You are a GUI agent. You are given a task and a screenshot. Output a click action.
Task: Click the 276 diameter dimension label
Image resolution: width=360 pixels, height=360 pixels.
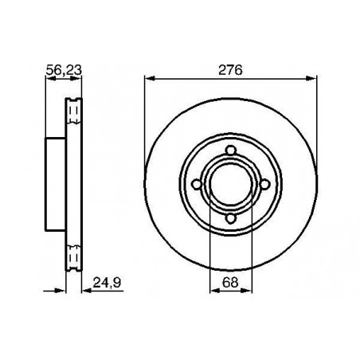tap(230, 70)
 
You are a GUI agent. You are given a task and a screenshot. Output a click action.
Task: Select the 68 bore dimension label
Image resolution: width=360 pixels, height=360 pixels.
tap(230, 282)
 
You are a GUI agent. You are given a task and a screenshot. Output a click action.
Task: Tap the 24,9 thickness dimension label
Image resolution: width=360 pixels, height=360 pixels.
tap(107, 283)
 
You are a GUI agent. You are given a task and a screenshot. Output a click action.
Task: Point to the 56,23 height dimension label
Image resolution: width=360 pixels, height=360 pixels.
tap(64, 70)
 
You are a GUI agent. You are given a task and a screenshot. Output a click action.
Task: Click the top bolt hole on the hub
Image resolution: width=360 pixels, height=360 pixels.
tap(231, 151)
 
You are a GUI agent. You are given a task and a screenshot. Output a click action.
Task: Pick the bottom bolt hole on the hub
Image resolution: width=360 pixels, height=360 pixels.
tap(231, 218)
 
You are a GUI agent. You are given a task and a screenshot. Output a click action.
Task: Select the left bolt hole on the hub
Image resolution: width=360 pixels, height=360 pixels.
tap(197, 184)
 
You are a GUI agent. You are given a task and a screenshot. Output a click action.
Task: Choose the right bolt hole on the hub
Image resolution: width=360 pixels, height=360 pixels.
tap(264, 184)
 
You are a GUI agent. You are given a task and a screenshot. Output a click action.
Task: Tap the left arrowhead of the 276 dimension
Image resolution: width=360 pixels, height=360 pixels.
tap(150, 78)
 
